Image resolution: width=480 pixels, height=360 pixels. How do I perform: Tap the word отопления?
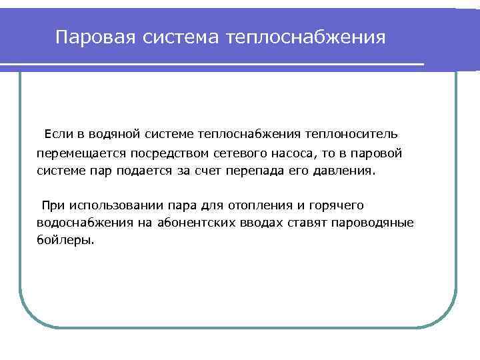[x=263, y=205]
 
